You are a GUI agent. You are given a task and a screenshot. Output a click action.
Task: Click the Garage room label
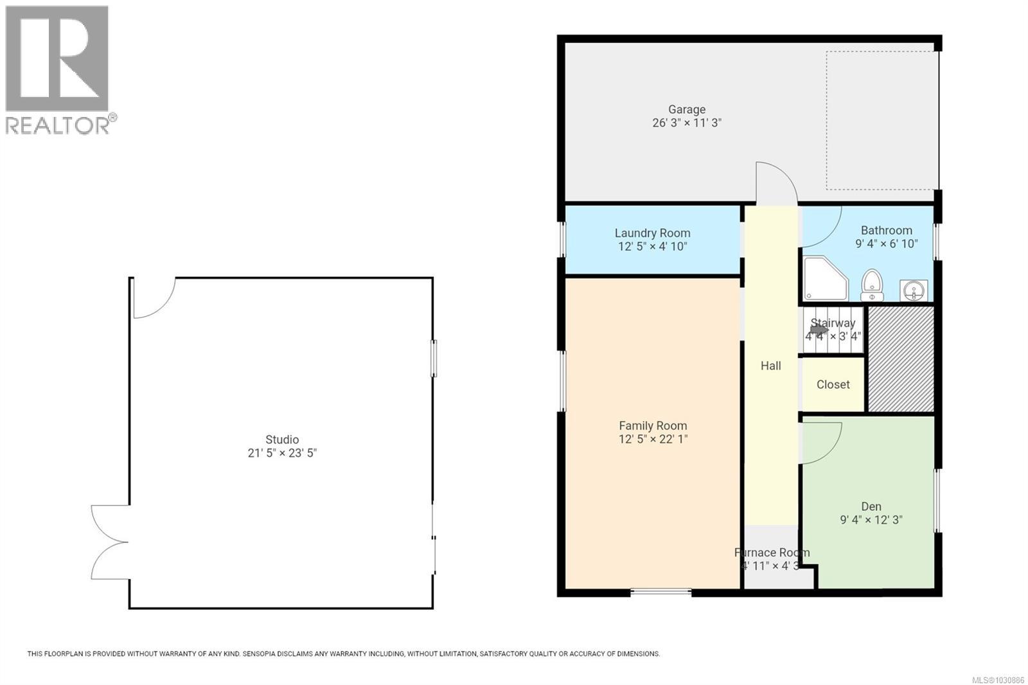point(686,109)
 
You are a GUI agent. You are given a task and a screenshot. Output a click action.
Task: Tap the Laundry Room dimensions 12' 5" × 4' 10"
point(652,247)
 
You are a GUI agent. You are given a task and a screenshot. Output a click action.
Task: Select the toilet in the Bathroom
point(872,286)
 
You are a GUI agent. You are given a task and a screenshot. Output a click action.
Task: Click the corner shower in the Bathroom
point(822,278)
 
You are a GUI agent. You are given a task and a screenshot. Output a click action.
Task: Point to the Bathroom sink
point(913,290)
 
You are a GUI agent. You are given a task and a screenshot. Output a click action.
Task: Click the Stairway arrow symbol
point(819,330)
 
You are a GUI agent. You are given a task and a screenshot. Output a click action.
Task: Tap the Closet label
point(833,384)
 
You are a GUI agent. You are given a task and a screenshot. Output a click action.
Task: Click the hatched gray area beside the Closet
point(901,359)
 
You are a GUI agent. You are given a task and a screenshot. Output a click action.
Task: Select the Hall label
point(770,366)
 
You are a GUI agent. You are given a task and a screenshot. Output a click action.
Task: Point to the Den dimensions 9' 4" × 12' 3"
point(871,520)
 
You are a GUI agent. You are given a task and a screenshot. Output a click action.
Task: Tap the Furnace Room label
point(772,553)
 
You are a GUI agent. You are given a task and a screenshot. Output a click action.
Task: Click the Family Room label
point(653,425)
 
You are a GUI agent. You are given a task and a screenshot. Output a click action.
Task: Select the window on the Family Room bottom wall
point(660,592)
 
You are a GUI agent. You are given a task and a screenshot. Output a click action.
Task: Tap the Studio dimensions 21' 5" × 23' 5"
point(282,453)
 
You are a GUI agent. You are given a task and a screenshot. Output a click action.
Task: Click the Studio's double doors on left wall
point(109,542)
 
